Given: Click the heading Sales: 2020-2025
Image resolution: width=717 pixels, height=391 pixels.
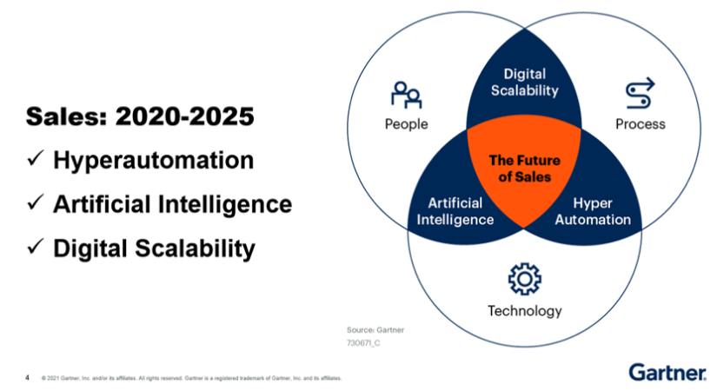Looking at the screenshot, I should [x=140, y=116].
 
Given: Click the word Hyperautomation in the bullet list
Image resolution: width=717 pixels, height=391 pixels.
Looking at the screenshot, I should [x=154, y=161].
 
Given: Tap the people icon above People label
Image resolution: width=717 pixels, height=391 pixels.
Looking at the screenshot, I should [x=406, y=92].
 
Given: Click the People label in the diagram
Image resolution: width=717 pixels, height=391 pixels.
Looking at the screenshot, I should [x=406, y=123].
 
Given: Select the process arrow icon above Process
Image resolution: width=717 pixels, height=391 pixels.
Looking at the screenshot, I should [x=640, y=92].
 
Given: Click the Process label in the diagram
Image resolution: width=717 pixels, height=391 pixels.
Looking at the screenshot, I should [x=640, y=123].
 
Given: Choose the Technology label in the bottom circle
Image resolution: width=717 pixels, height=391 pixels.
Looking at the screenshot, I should [x=524, y=310].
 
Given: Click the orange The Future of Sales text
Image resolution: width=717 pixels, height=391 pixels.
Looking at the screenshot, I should [x=524, y=169].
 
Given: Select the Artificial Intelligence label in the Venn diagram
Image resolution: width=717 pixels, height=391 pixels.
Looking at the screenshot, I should [x=455, y=211].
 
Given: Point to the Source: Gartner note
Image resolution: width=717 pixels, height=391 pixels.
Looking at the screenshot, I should [x=375, y=330].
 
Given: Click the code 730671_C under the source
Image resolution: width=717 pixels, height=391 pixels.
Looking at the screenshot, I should [x=363, y=344].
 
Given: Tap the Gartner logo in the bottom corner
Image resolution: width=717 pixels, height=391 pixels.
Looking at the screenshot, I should [x=667, y=372].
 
